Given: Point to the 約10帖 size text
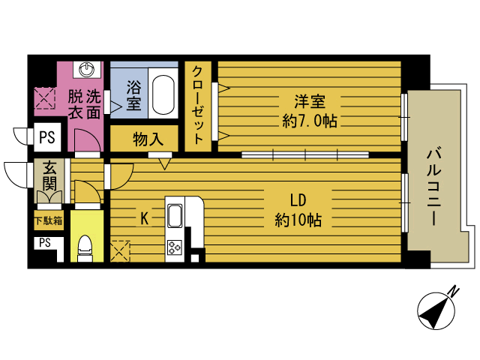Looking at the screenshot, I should point(297,220).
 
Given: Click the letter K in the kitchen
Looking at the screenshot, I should point(144,218).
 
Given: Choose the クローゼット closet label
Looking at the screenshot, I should point(197,105).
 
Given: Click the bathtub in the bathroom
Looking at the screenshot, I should point(161,95).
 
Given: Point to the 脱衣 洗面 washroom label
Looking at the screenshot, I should point(84,104).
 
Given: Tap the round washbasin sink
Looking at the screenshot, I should point(88,70).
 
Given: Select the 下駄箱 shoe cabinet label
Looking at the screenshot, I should point(48,221).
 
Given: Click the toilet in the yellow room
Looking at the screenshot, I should point(85,247).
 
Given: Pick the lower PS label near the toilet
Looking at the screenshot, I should point(44,242).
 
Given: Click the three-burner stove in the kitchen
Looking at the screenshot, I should point(175,247).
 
